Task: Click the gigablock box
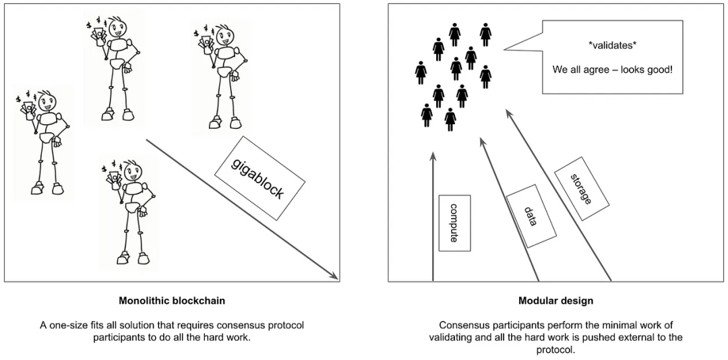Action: (260, 178)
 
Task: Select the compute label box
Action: (454, 223)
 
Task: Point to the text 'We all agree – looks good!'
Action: (612, 69)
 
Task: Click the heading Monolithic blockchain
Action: (172, 301)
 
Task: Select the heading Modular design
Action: (555, 301)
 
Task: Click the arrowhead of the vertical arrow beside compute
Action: (433, 157)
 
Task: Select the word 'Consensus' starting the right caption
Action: (462, 325)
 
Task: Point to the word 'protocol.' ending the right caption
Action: (555, 349)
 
